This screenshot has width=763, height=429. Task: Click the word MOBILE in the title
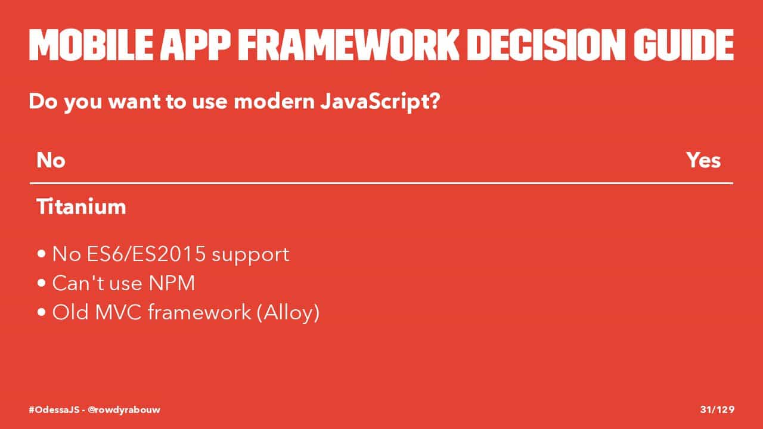click(x=91, y=45)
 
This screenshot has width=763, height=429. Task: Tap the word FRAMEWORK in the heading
click(x=349, y=45)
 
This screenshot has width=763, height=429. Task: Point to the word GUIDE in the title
click(x=684, y=45)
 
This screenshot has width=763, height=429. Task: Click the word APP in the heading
click(x=195, y=45)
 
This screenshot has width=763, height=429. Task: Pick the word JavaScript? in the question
click(x=380, y=102)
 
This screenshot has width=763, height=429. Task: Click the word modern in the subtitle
click(x=274, y=101)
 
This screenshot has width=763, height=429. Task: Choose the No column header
click(x=51, y=160)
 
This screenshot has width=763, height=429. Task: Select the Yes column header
click(x=703, y=160)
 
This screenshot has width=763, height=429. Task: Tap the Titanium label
click(x=81, y=206)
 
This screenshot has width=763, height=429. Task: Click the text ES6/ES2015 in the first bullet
click(x=146, y=254)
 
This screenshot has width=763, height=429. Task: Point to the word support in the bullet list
click(x=250, y=256)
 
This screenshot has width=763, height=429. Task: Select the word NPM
click(x=172, y=283)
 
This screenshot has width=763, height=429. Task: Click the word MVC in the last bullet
click(x=118, y=312)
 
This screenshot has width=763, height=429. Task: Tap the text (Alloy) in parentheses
click(x=288, y=313)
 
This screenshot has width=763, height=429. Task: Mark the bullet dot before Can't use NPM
click(x=42, y=283)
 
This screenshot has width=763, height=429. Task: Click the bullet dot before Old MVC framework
click(x=42, y=312)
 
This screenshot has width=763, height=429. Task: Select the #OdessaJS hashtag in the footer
click(x=54, y=409)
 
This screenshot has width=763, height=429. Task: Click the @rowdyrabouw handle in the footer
click(x=123, y=410)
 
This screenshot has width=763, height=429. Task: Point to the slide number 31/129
click(x=717, y=409)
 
